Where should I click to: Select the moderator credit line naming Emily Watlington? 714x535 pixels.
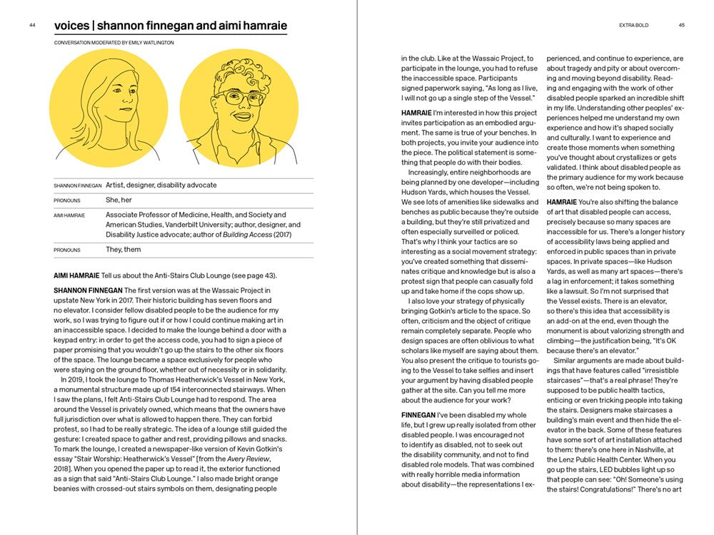114,43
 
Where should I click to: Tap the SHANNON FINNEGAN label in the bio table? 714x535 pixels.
78,186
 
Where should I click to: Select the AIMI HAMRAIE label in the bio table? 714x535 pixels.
69,215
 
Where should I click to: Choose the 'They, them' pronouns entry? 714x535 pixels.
124,250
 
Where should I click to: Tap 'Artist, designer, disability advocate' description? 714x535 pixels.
161,185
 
